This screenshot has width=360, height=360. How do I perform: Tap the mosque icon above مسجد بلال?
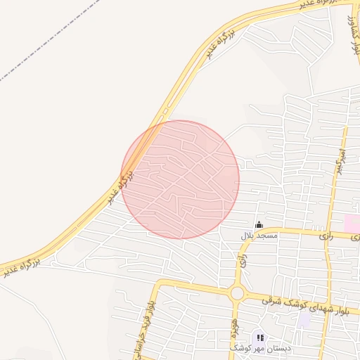pos(259,225)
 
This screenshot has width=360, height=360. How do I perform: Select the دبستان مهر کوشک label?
pos(257,348)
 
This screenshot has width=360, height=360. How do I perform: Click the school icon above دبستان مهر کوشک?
pos(259,337)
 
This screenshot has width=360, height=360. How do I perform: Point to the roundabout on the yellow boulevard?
pos(237,292)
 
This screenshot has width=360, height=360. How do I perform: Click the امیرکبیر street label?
pos(340,160)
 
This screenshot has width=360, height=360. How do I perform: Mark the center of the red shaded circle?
pos(180,179)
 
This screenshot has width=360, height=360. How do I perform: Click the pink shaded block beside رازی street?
pos(352,224)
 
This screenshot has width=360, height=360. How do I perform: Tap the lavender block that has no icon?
pos(304,320)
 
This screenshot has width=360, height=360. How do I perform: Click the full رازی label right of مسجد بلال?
pos(325,237)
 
